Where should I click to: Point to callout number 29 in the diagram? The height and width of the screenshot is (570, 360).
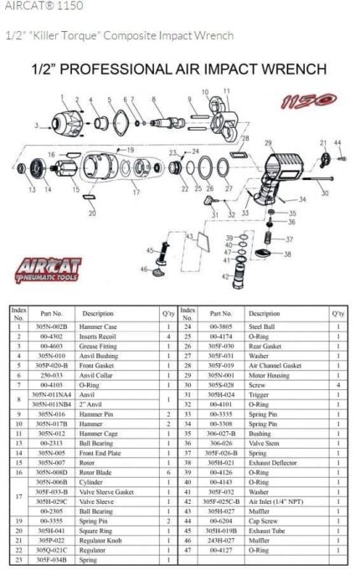[x=268, y=143]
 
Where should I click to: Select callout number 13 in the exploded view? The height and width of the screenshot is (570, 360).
[x=31, y=191]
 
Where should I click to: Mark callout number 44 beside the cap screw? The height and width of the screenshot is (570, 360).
[x=340, y=143]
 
